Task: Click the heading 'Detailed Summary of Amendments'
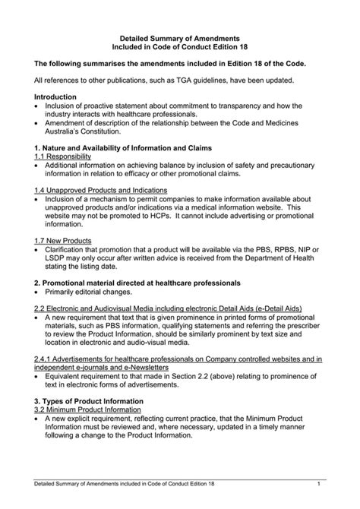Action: coord(180,37)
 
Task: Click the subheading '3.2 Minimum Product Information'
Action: coord(92,409)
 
